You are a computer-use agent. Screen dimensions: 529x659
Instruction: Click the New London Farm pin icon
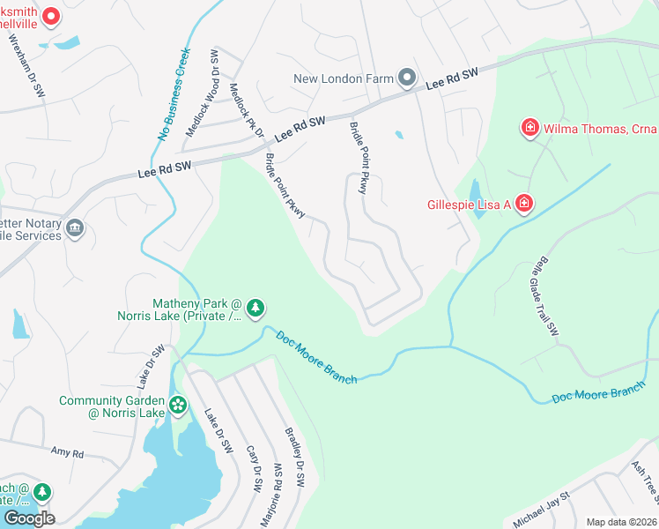(x=406, y=78)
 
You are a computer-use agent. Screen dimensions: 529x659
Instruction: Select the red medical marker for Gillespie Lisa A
(x=524, y=205)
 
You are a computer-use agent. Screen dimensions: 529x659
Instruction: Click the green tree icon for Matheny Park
(x=255, y=308)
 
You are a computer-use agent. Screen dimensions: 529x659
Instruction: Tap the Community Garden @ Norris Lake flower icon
(x=179, y=406)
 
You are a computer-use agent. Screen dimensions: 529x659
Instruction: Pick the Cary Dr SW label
(x=253, y=466)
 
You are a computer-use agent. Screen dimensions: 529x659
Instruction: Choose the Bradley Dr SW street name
(x=294, y=458)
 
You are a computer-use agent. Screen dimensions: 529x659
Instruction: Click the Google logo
(x=28, y=518)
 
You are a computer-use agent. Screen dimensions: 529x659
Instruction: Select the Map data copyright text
(x=621, y=522)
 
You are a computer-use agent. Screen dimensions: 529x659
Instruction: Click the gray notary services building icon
(x=75, y=228)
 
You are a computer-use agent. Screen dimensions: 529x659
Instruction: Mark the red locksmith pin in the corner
(x=50, y=15)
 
